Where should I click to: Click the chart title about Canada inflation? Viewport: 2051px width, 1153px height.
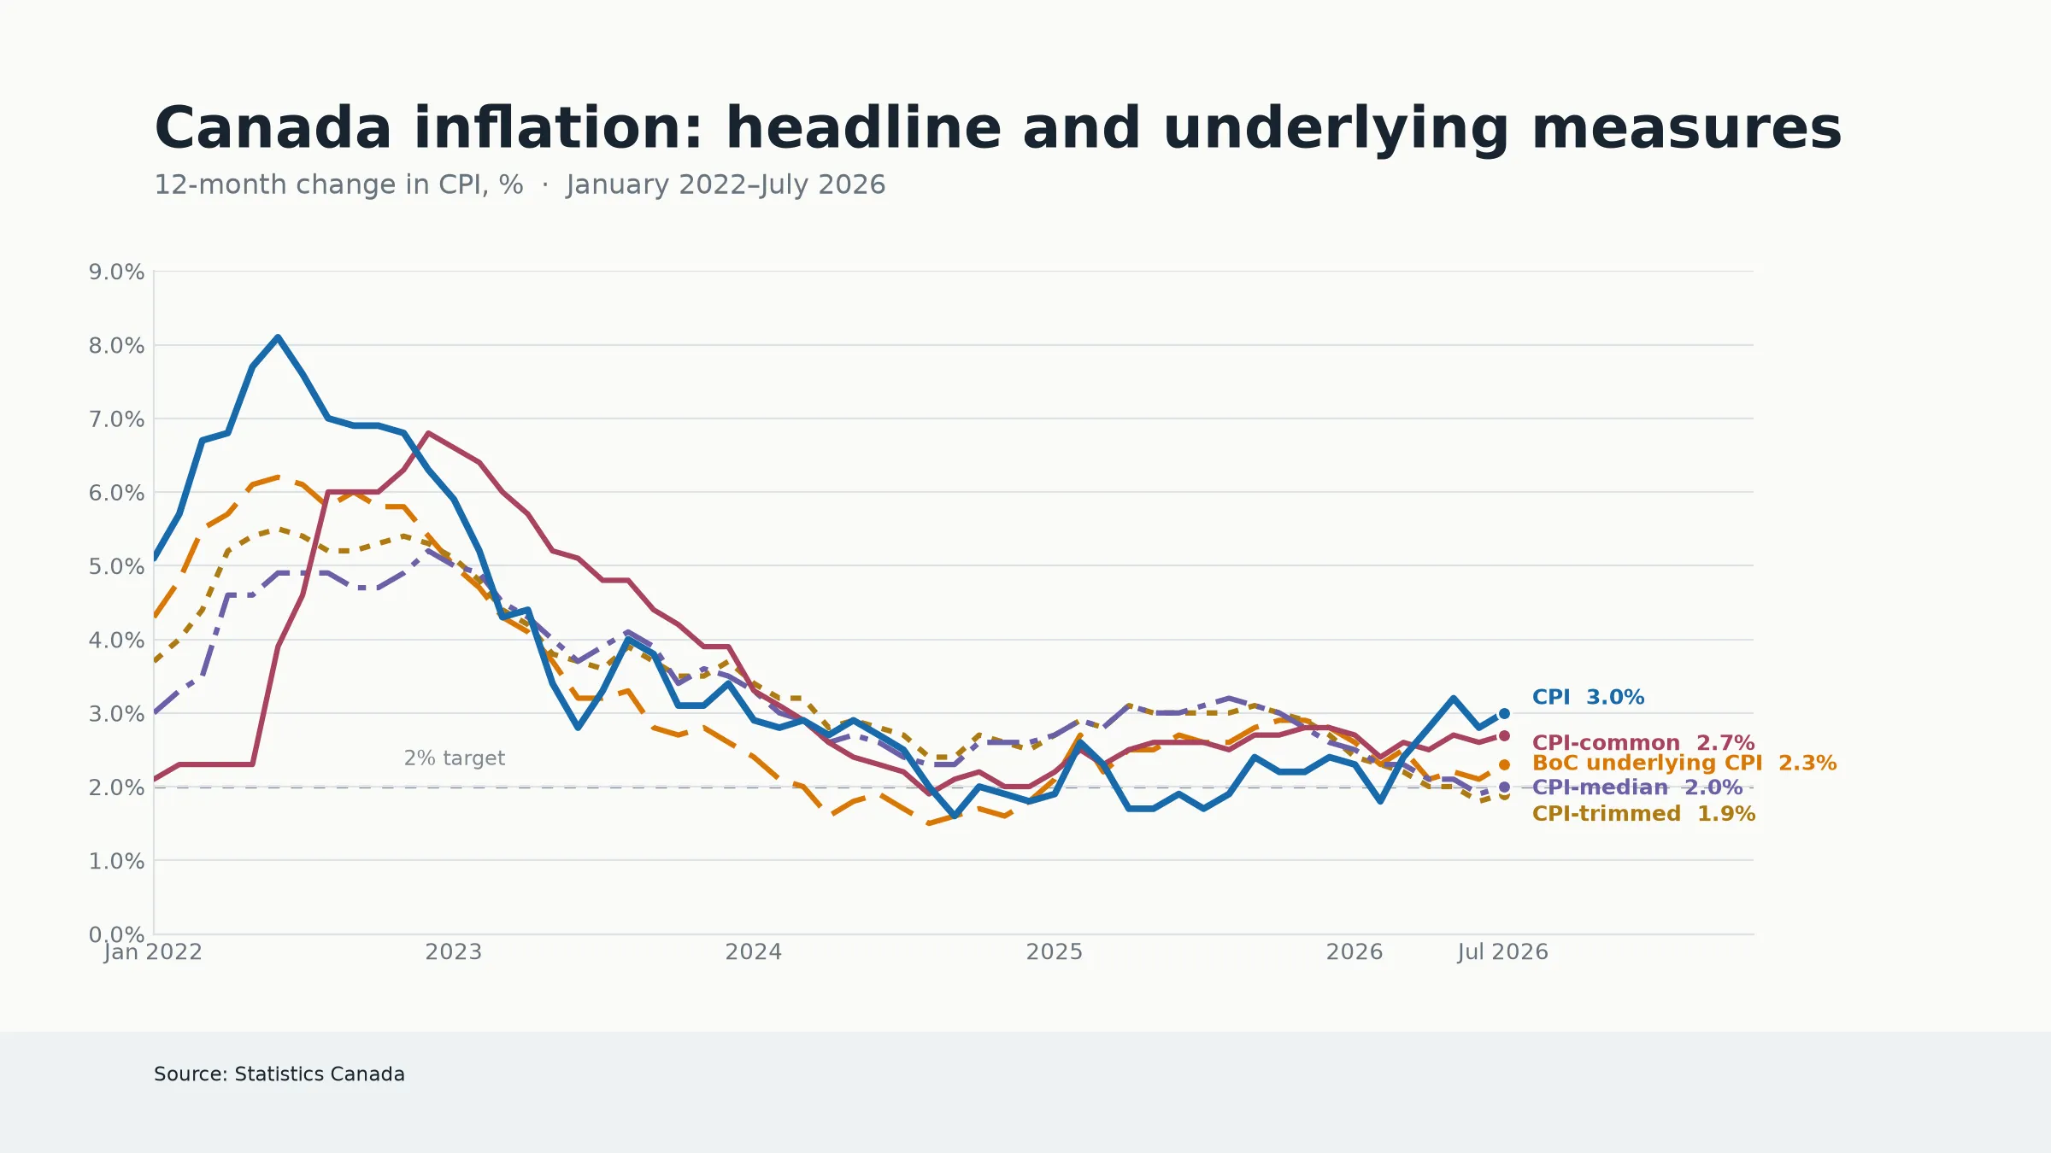997,128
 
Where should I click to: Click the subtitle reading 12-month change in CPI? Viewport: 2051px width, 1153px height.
520,184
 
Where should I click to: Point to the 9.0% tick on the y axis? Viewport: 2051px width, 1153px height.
116,272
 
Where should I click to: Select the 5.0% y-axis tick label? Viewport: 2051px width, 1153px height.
116,566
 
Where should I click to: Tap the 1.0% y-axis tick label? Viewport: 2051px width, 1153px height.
116,861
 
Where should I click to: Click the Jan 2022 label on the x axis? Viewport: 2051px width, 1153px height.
153,951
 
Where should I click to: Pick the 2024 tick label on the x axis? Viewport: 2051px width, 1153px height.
754,951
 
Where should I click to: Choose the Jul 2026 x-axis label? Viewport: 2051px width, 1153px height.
1503,951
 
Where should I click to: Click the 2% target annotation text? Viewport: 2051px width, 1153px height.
455,758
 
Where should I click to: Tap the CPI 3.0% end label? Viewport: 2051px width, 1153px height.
1588,697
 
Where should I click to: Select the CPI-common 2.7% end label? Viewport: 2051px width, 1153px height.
1643,742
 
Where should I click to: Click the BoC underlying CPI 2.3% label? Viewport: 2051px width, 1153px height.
1684,763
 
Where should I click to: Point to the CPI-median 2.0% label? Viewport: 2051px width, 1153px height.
1637,787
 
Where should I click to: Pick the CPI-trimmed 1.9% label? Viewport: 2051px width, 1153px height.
1643,813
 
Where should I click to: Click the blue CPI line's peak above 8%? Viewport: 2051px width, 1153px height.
278,337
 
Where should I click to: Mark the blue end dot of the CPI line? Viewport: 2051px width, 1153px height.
1504,713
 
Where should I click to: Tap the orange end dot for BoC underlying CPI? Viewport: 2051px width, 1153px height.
1504,764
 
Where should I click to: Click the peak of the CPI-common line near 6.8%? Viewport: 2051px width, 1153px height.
428,433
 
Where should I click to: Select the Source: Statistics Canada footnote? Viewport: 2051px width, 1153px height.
279,1074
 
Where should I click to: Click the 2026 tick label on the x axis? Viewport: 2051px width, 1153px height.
1355,951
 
